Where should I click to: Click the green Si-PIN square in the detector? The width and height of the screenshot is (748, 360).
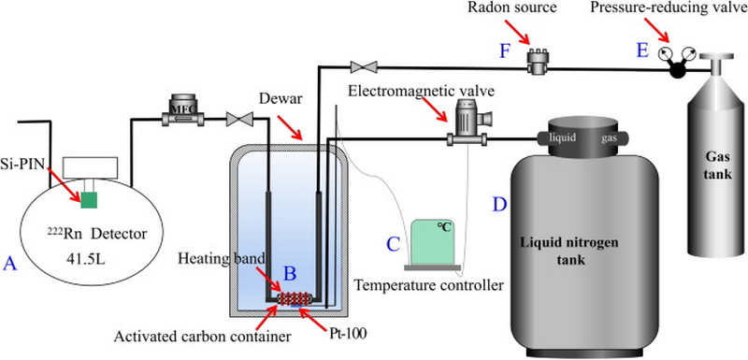pyautogui.click(x=88, y=199)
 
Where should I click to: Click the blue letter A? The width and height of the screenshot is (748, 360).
pyautogui.click(x=10, y=264)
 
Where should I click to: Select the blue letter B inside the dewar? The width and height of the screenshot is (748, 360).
pyautogui.click(x=290, y=273)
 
